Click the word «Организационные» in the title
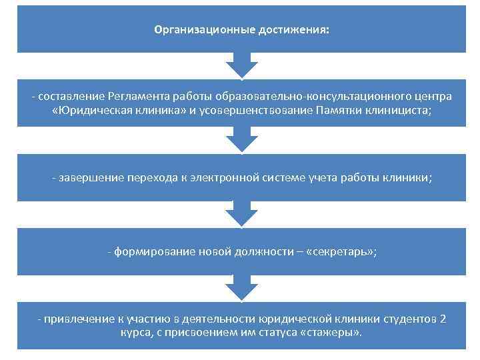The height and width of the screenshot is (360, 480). point(198,30)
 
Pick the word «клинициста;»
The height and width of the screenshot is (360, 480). point(398,110)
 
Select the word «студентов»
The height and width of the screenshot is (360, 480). point(407,319)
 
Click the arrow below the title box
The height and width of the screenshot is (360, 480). point(241,66)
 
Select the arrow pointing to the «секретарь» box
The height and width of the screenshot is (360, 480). point(241,215)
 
